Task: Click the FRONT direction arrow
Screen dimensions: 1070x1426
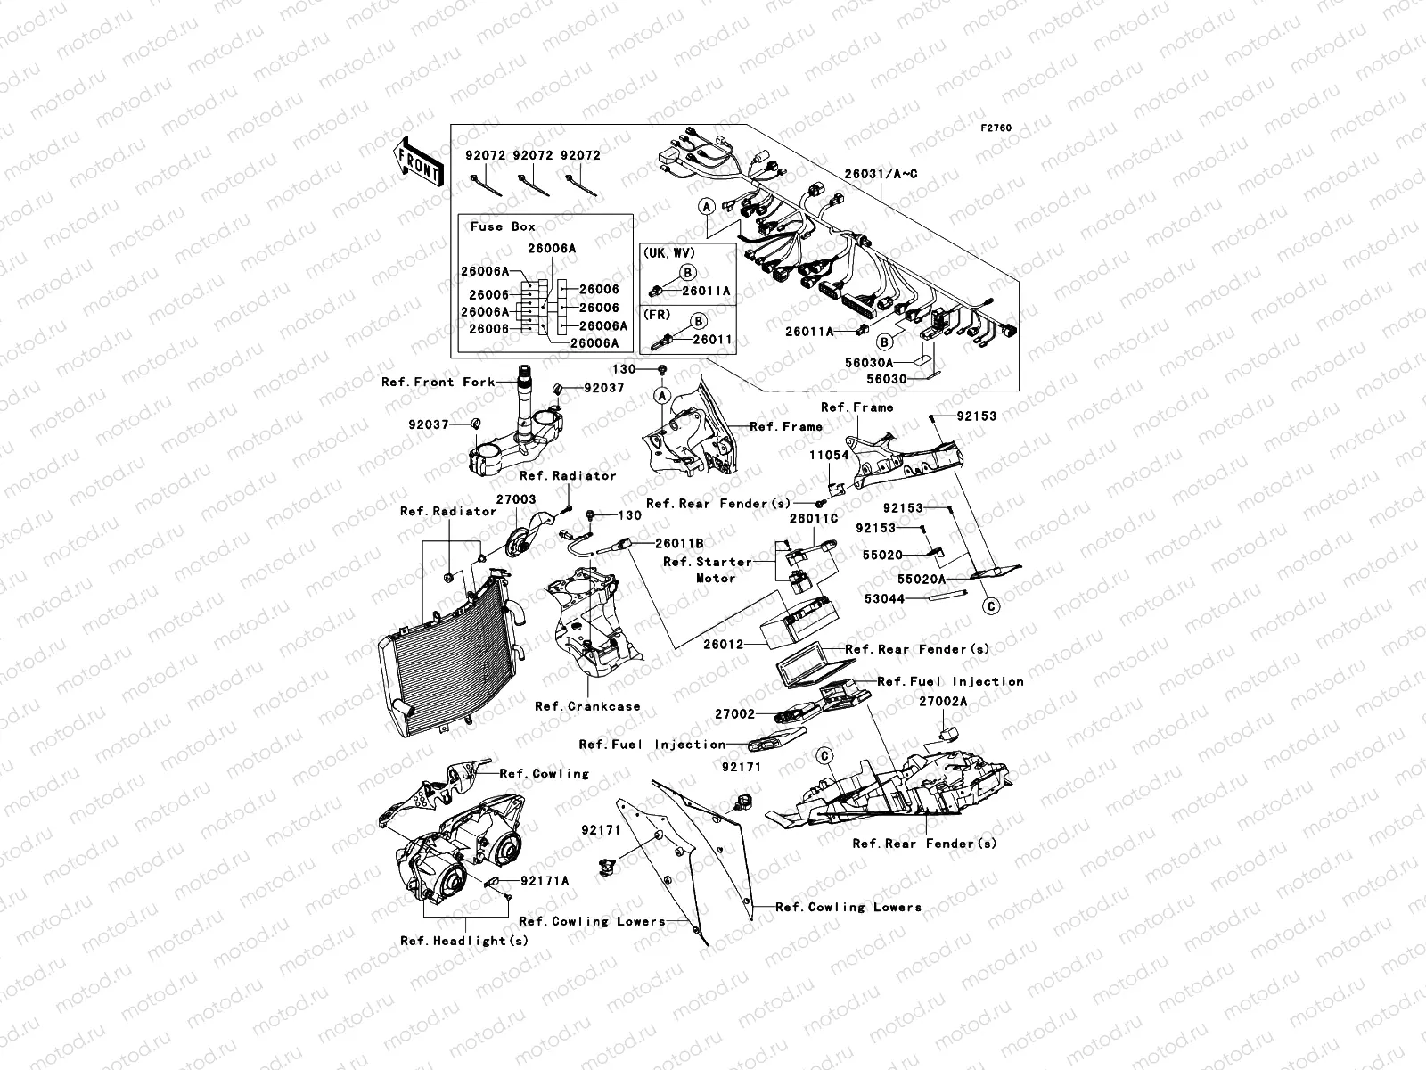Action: coord(421,162)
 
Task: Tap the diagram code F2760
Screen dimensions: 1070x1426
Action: coord(996,128)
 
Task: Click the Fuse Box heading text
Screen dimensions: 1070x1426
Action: coord(503,226)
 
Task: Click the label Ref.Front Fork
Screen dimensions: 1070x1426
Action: coord(438,382)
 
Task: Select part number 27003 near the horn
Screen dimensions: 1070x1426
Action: coord(516,500)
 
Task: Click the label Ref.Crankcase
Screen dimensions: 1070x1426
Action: coord(587,706)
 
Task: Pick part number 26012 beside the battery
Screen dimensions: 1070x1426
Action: coord(723,644)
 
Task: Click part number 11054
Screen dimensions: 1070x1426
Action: coord(829,455)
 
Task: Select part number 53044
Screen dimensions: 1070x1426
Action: coord(884,599)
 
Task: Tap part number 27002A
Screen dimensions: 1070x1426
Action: coord(943,702)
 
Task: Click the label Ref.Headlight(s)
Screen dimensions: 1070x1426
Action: coord(464,941)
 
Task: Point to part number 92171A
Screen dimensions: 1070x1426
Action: coord(545,880)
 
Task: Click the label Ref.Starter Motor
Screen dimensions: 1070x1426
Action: coord(709,570)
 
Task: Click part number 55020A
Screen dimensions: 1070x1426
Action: coord(922,579)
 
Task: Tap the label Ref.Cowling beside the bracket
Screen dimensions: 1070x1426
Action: coord(544,773)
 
